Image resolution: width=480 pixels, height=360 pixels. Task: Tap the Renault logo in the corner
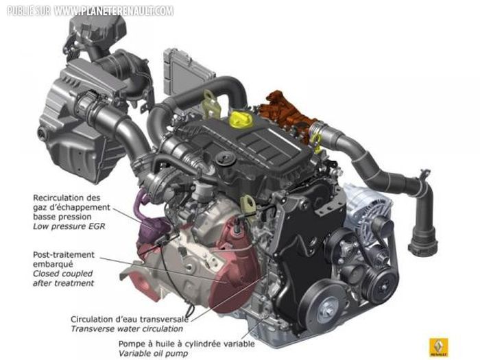click(x=439, y=348)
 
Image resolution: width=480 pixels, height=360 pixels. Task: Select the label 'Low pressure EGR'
click(x=69, y=226)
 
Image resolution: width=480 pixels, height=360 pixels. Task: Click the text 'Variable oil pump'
click(x=153, y=354)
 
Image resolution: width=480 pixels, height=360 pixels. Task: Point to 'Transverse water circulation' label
click(x=127, y=329)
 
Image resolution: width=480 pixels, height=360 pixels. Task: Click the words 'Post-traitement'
click(x=64, y=254)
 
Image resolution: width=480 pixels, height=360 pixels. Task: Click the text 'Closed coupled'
click(x=63, y=274)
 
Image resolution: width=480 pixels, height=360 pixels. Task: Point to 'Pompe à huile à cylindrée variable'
click(x=187, y=344)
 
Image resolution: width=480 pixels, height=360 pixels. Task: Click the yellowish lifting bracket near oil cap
click(x=212, y=104)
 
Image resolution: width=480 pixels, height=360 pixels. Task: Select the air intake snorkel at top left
click(x=98, y=31)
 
